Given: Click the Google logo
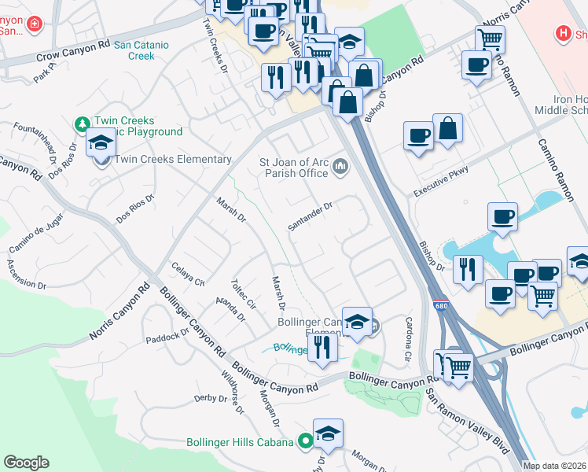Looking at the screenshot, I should (x=26, y=463).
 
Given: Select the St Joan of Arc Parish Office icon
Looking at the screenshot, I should (x=340, y=165).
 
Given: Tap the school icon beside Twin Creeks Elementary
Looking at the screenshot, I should (x=101, y=145).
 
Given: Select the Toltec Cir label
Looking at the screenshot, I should (x=243, y=293).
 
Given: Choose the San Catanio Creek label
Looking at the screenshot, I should (x=141, y=50).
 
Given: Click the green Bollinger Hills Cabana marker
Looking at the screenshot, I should (x=304, y=442).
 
